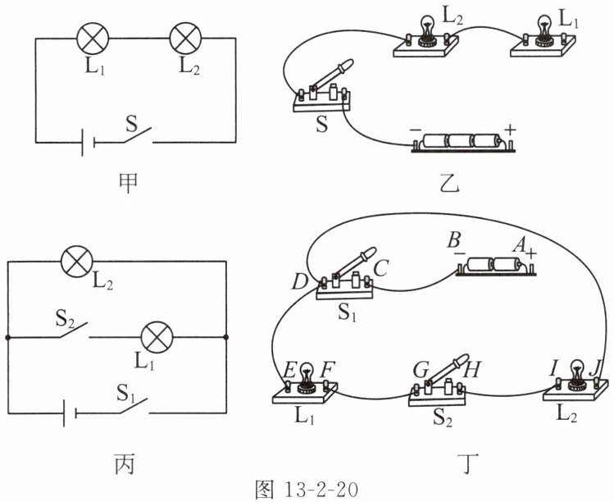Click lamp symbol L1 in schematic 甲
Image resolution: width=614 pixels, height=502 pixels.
pos(92,39)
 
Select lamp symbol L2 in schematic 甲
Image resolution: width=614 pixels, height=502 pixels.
pos(185,39)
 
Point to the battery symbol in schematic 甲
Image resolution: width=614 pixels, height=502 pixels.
pos(88,143)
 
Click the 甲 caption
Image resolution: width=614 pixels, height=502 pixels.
pos(128,183)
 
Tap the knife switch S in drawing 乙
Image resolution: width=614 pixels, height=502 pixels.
pos(322,88)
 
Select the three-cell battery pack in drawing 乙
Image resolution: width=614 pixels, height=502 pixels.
pos(462,143)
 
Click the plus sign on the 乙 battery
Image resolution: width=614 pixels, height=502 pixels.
pos(510,129)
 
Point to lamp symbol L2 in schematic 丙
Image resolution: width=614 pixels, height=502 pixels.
pos(78,262)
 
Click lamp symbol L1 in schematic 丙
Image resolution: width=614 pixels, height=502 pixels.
pos(157,337)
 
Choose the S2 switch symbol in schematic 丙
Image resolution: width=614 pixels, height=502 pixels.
pos(74,331)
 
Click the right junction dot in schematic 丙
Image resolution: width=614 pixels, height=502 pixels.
pos(226,337)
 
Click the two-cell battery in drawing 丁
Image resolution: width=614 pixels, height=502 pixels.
pos(496,267)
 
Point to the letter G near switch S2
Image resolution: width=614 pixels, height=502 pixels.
pos(421,370)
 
